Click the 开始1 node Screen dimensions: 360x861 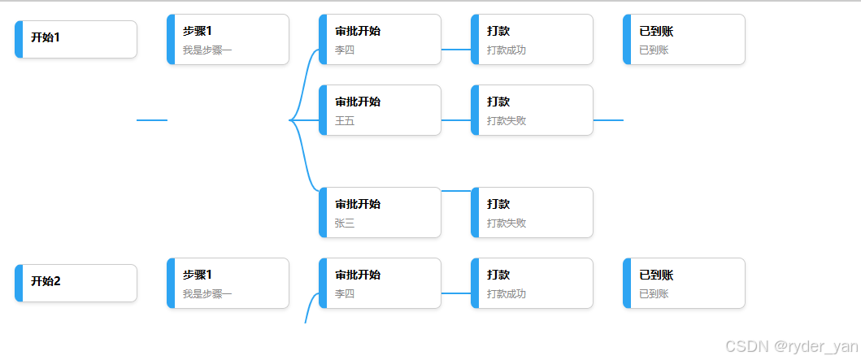(76, 39)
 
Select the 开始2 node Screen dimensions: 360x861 (76, 283)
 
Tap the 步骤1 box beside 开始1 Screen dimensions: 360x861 (228, 39)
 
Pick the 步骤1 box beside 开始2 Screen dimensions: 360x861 (228, 283)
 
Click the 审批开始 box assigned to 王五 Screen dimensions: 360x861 (380, 110)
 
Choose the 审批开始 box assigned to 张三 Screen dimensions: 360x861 (380, 212)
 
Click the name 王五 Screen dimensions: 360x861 (345, 121)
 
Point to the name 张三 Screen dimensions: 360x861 (345, 223)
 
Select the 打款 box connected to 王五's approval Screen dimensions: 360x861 (532, 110)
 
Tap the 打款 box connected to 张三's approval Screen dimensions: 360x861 (532, 212)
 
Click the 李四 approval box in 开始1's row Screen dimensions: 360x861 (380, 39)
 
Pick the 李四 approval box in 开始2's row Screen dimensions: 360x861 (380, 283)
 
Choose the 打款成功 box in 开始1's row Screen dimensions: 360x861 (532, 39)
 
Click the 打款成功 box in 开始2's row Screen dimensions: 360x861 (532, 283)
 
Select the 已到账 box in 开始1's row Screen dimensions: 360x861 (684, 39)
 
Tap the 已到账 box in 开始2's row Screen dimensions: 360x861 (684, 283)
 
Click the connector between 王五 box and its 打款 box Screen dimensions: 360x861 (456, 120)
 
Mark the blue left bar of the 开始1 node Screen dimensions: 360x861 (19, 39)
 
